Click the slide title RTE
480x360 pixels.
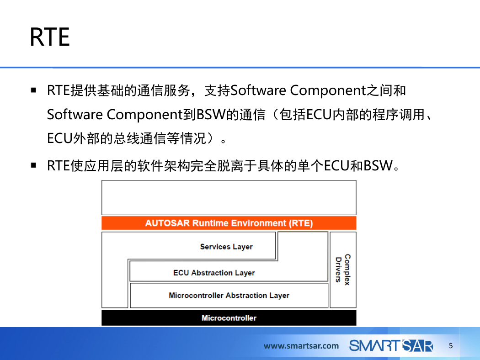(x=50, y=37)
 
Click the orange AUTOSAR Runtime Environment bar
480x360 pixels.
(x=229, y=223)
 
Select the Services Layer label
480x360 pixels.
(x=226, y=247)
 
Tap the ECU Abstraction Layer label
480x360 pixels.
(x=213, y=273)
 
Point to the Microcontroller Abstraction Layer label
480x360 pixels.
(x=229, y=295)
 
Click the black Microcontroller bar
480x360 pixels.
(x=229, y=318)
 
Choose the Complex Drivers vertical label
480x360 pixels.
(x=343, y=270)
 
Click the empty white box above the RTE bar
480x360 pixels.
(x=229, y=197)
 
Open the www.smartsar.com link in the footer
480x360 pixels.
(x=301, y=346)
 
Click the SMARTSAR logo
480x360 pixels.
(x=391, y=346)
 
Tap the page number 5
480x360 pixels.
(x=451, y=346)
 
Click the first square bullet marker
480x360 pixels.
(x=33, y=90)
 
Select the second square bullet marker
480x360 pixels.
(x=33, y=165)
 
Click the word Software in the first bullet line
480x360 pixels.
(x=258, y=90)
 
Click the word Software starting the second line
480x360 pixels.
(x=75, y=114)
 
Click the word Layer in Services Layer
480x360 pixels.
(x=243, y=247)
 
